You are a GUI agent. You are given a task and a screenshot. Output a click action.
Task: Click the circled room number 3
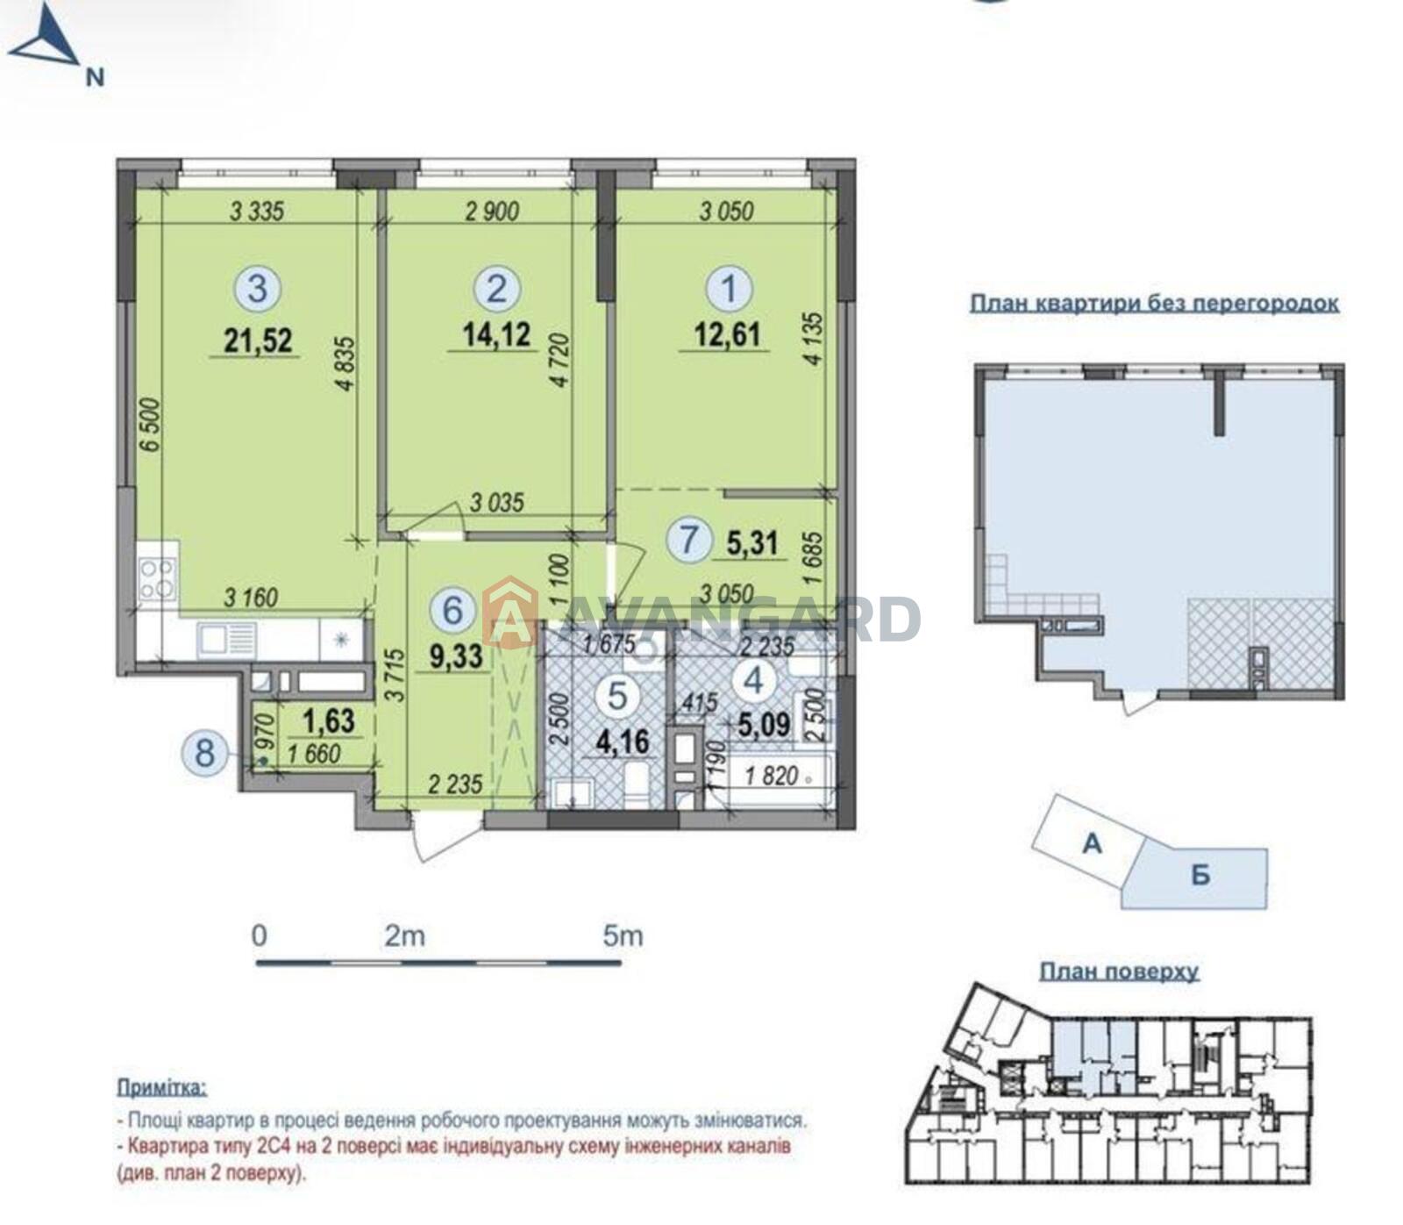pyautogui.click(x=257, y=288)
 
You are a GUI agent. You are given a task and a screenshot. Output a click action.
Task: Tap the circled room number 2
pyautogui.click(x=496, y=288)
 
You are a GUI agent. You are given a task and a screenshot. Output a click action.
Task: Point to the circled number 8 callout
pyautogui.click(x=204, y=752)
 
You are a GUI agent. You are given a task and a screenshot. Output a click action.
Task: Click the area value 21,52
pyautogui.click(x=257, y=339)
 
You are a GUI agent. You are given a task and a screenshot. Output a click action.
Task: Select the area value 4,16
pyautogui.click(x=623, y=742)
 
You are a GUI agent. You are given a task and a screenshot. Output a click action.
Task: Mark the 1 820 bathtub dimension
pyautogui.click(x=772, y=776)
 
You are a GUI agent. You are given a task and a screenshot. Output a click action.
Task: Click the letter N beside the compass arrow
pyautogui.click(x=95, y=77)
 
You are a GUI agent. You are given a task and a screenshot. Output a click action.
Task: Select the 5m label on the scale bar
pyautogui.click(x=623, y=935)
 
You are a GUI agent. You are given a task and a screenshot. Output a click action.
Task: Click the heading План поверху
pyautogui.click(x=1119, y=972)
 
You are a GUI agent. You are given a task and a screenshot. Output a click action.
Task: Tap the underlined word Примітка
pyautogui.click(x=162, y=1088)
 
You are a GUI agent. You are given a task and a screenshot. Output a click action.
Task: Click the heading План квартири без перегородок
pyautogui.click(x=1155, y=304)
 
